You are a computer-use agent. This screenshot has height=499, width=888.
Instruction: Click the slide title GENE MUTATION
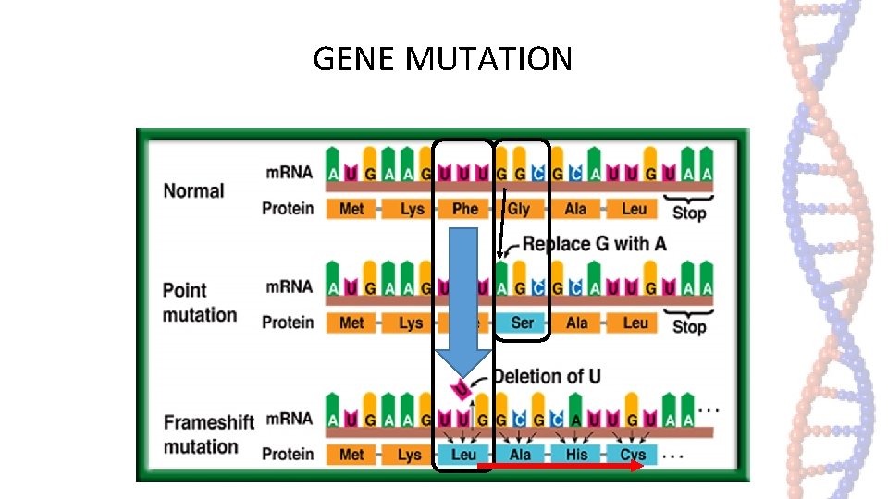442,59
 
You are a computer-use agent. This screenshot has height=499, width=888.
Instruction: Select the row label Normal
193,191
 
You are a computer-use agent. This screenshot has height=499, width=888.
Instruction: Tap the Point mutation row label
199,302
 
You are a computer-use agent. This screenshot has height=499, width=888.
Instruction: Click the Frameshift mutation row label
208,434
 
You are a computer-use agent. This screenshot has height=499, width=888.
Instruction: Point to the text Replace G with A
594,244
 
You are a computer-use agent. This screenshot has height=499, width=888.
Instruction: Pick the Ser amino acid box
522,323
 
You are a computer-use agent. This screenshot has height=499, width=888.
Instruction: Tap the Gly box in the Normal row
520,209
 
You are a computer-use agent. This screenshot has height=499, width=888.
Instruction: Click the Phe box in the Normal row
464,209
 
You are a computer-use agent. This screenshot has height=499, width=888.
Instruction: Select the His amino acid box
576,454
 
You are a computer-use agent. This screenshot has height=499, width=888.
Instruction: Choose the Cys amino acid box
633,454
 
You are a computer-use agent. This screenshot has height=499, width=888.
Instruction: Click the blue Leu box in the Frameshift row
463,454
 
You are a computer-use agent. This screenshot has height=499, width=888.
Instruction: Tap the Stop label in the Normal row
689,213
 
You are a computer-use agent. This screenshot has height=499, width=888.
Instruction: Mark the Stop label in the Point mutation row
689,327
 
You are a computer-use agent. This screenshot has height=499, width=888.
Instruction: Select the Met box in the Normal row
351,209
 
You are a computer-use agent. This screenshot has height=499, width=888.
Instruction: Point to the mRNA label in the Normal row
289,172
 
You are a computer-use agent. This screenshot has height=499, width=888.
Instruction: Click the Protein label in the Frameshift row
288,454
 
